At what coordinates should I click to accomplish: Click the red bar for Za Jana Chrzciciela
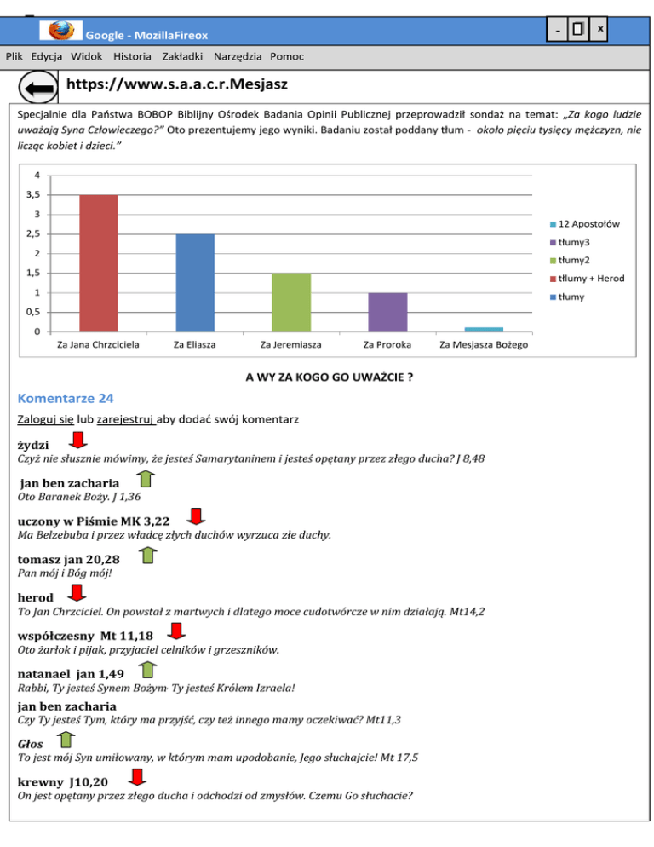click(x=99, y=263)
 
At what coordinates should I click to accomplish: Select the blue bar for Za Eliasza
click(x=195, y=283)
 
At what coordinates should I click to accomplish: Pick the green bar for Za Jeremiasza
click(x=291, y=302)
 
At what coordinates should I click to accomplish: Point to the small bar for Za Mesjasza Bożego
click(x=484, y=329)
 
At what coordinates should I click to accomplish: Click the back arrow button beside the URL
click(x=37, y=89)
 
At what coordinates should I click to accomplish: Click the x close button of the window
click(x=600, y=30)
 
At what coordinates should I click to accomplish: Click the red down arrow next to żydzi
click(x=77, y=441)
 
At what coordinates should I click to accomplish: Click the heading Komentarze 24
click(x=65, y=398)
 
